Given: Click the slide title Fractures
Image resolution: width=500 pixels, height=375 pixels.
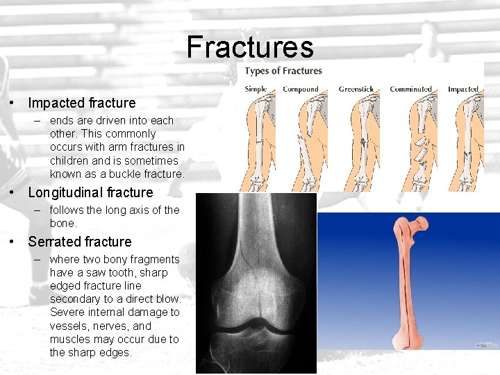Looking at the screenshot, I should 250,47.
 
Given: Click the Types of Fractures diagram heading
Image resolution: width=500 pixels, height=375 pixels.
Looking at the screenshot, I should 283,71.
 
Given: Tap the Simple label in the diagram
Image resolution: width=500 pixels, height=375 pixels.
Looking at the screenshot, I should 256,89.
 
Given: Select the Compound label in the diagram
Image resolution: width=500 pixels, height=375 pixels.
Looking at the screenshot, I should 300,89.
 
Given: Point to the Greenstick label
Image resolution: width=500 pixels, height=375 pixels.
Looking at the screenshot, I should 356,89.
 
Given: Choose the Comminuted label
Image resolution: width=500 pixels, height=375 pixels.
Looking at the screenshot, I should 410,89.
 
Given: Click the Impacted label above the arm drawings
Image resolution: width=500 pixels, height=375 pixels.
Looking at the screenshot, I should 463,89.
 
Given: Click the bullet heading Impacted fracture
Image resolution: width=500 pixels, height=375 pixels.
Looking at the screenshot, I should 82,103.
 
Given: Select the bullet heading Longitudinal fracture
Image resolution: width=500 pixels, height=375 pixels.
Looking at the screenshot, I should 90,192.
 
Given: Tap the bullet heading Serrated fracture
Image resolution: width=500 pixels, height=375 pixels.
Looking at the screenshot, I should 79,242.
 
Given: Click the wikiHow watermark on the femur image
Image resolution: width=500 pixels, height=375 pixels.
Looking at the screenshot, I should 487,344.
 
